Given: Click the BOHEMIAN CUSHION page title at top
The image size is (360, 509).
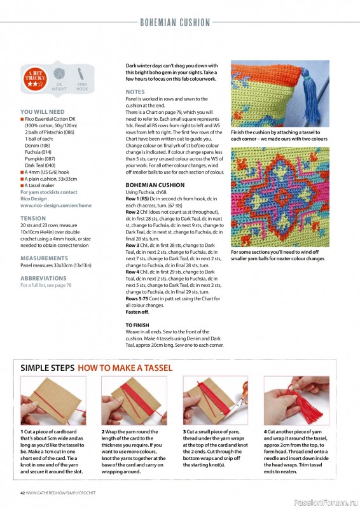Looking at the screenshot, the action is click(x=175, y=22).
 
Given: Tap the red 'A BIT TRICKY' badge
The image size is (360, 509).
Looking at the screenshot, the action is click(x=35, y=77).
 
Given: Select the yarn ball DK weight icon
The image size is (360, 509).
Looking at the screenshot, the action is click(x=59, y=75).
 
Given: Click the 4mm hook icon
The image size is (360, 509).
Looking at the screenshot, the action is click(x=81, y=74).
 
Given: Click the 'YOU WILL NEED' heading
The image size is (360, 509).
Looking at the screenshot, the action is click(x=43, y=111).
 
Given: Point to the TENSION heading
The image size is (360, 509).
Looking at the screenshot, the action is click(x=33, y=218).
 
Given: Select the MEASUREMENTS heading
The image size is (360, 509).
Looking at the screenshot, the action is click(x=45, y=259).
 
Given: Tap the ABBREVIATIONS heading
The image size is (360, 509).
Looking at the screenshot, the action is click(x=43, y=278).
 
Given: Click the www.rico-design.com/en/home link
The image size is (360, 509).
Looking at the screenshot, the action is click(x=56, y=206).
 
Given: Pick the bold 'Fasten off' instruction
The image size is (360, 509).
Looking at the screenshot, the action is click(x=137, y=312).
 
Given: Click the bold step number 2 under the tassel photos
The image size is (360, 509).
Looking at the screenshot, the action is click(x=104, y=431).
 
